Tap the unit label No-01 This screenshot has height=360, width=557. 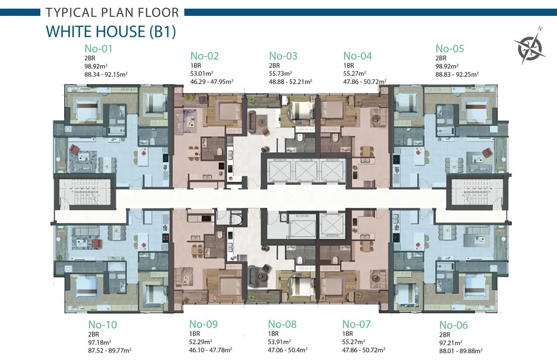(98, 48)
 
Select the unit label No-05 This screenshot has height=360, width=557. (450, 48)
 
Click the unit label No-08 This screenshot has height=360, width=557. (282, 324)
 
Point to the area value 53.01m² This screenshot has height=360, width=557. (202, 74)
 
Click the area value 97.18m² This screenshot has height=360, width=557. (99, 343)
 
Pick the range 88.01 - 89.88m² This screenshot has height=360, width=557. (461, 351)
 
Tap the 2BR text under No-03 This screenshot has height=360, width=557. (274, 66)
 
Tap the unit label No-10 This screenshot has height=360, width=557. (102, 324)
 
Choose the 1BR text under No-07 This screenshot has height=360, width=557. (348, 334)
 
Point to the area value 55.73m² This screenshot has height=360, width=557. (280, 74)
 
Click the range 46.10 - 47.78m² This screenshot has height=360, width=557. (211, 350)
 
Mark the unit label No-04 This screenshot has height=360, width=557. (357, 56)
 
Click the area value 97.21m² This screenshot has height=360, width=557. (450, 343)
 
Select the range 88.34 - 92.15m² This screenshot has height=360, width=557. (106, 74)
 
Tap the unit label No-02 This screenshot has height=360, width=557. (204, 56)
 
